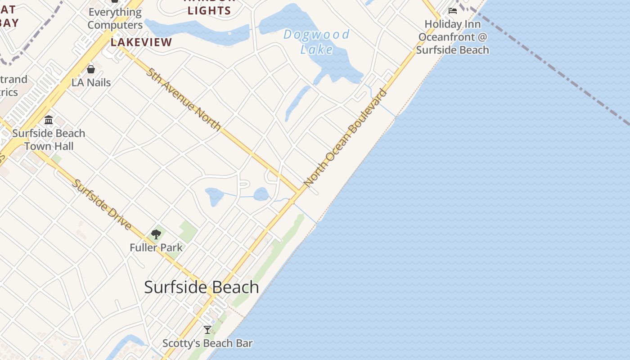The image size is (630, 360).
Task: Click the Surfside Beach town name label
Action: coord(202,287)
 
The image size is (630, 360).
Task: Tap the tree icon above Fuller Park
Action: coord(156,234)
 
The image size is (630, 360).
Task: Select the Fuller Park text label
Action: coord(156,247)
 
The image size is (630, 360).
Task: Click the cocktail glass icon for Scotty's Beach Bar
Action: coord(207,330)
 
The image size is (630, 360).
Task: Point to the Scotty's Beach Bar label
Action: coord(207,343)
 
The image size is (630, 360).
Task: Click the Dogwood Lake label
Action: coord(317,41)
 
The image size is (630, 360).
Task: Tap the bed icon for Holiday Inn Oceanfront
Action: coord(453,11)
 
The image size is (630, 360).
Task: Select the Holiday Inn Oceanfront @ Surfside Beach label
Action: coord(452,37)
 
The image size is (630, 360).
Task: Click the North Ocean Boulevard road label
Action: coord(345,138)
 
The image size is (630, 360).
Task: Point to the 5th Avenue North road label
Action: coord(183,99)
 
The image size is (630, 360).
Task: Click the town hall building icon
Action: coord(49,120)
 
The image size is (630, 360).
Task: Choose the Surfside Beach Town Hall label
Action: coord(49,139)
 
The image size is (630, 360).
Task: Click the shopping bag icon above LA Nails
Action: coord(91,69)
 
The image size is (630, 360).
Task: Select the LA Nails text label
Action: coord(91,83)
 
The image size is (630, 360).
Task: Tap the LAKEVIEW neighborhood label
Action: coord(141,42)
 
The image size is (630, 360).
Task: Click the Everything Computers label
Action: coord(115,18)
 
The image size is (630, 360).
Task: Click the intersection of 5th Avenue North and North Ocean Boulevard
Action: coord(298,193)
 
